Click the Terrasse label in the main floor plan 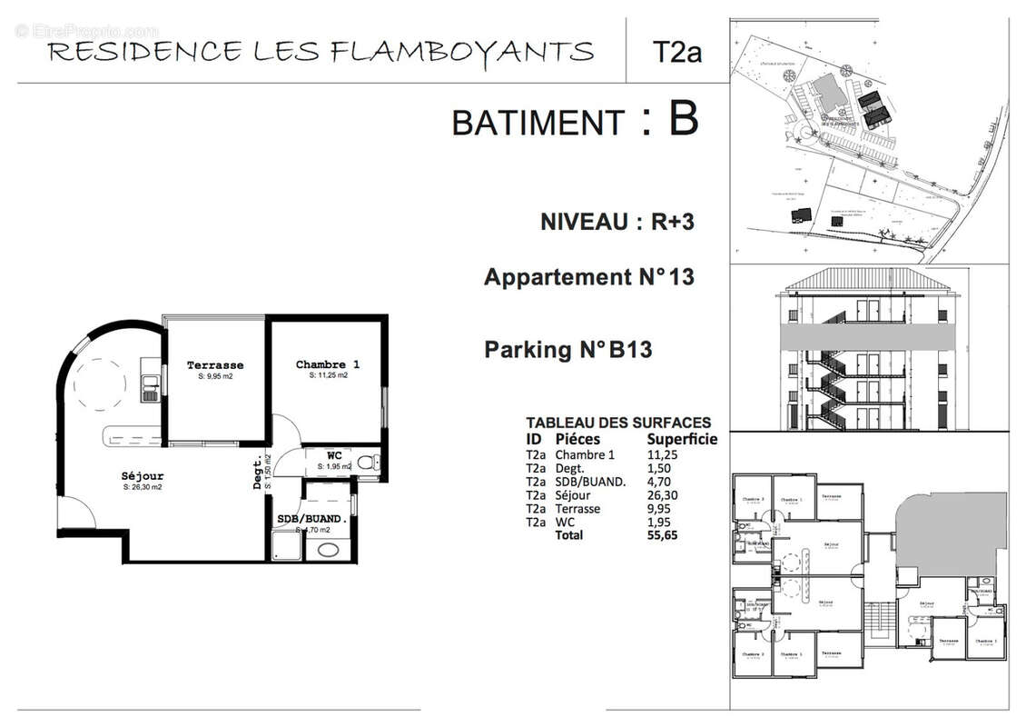[215, 365]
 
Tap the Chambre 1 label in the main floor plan [328, 364]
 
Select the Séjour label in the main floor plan [143, 476]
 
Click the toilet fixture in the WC [366, 463]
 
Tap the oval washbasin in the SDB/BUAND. [325, 550]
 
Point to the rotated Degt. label [259, 473]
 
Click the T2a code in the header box [677, 52]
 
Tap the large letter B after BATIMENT [683, 119]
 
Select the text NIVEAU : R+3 [617, 222]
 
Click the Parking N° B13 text [567, 349]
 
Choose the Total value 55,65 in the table [661, 535]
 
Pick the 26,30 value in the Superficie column [661, 495]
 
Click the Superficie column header [681, 439]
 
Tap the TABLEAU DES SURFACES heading [618, 423]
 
